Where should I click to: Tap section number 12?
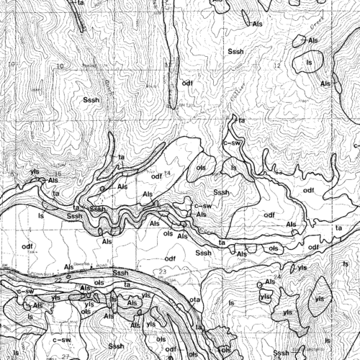coord(276,66)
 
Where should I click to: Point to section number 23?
coord(164,271)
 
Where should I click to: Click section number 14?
coord(167,174)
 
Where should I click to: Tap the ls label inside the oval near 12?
coord(310,63)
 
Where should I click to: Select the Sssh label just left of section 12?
coord(236,53)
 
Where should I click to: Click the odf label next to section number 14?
coord(156,176)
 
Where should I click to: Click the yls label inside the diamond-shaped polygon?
coord(318,297)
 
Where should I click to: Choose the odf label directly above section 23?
coord(171,258)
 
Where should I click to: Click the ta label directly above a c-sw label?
coord(242,121)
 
